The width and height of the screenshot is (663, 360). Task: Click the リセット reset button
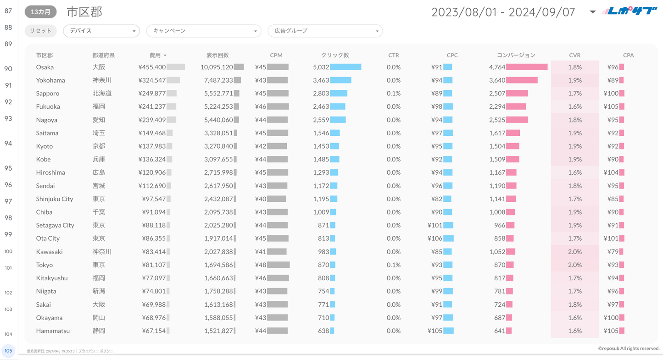pos(40,31)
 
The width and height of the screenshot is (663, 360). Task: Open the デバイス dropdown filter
pos(101,31)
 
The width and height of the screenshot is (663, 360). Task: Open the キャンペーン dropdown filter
pos(204,31)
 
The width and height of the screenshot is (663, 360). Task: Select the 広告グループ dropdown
pos(325,31)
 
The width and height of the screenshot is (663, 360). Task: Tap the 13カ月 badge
pos(41,12)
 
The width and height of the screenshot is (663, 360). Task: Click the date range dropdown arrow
pos(592,12)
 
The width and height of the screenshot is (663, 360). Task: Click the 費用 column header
pos(156,55)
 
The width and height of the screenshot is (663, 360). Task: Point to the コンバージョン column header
pos(516,55)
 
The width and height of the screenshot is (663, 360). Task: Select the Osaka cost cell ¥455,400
pos(152,67)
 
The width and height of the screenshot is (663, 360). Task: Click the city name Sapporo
pos(48,93)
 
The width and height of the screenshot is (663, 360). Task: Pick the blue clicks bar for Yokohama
pos(341,80)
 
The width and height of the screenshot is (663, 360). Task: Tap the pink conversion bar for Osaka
pos(527,67)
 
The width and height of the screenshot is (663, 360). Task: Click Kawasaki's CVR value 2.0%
pos(574,252)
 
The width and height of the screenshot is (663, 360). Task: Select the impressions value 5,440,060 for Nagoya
pos(217,120)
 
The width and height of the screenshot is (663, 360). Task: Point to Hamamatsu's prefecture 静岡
pos(99,331)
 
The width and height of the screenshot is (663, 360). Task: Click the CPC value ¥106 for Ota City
pos(435,238)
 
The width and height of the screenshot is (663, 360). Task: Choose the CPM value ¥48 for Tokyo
pos(261,265)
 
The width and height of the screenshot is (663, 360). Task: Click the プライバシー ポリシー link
pos(96,351)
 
